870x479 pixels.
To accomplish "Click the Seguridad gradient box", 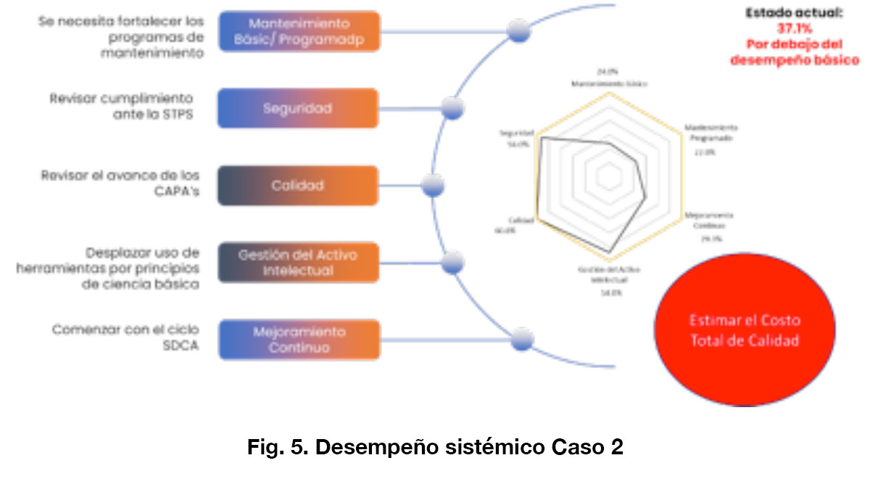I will [298, 109].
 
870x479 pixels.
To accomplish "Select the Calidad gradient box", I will [298, 186].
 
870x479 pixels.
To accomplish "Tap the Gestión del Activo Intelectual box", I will [298, 263].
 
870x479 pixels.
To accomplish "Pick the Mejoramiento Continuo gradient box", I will [299, 340].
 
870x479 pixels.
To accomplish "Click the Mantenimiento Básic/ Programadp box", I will [298, 32].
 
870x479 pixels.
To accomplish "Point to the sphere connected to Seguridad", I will [453, 109].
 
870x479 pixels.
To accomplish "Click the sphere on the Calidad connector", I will [433, 186].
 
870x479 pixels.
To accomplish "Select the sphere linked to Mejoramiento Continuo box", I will [522, 340].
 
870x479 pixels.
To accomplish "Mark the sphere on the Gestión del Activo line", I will [453, 262].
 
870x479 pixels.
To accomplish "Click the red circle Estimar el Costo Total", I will [745, 330].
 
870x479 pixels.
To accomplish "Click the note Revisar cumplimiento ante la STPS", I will [121, 106].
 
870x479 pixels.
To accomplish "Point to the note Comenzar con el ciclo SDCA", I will [125, 337].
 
